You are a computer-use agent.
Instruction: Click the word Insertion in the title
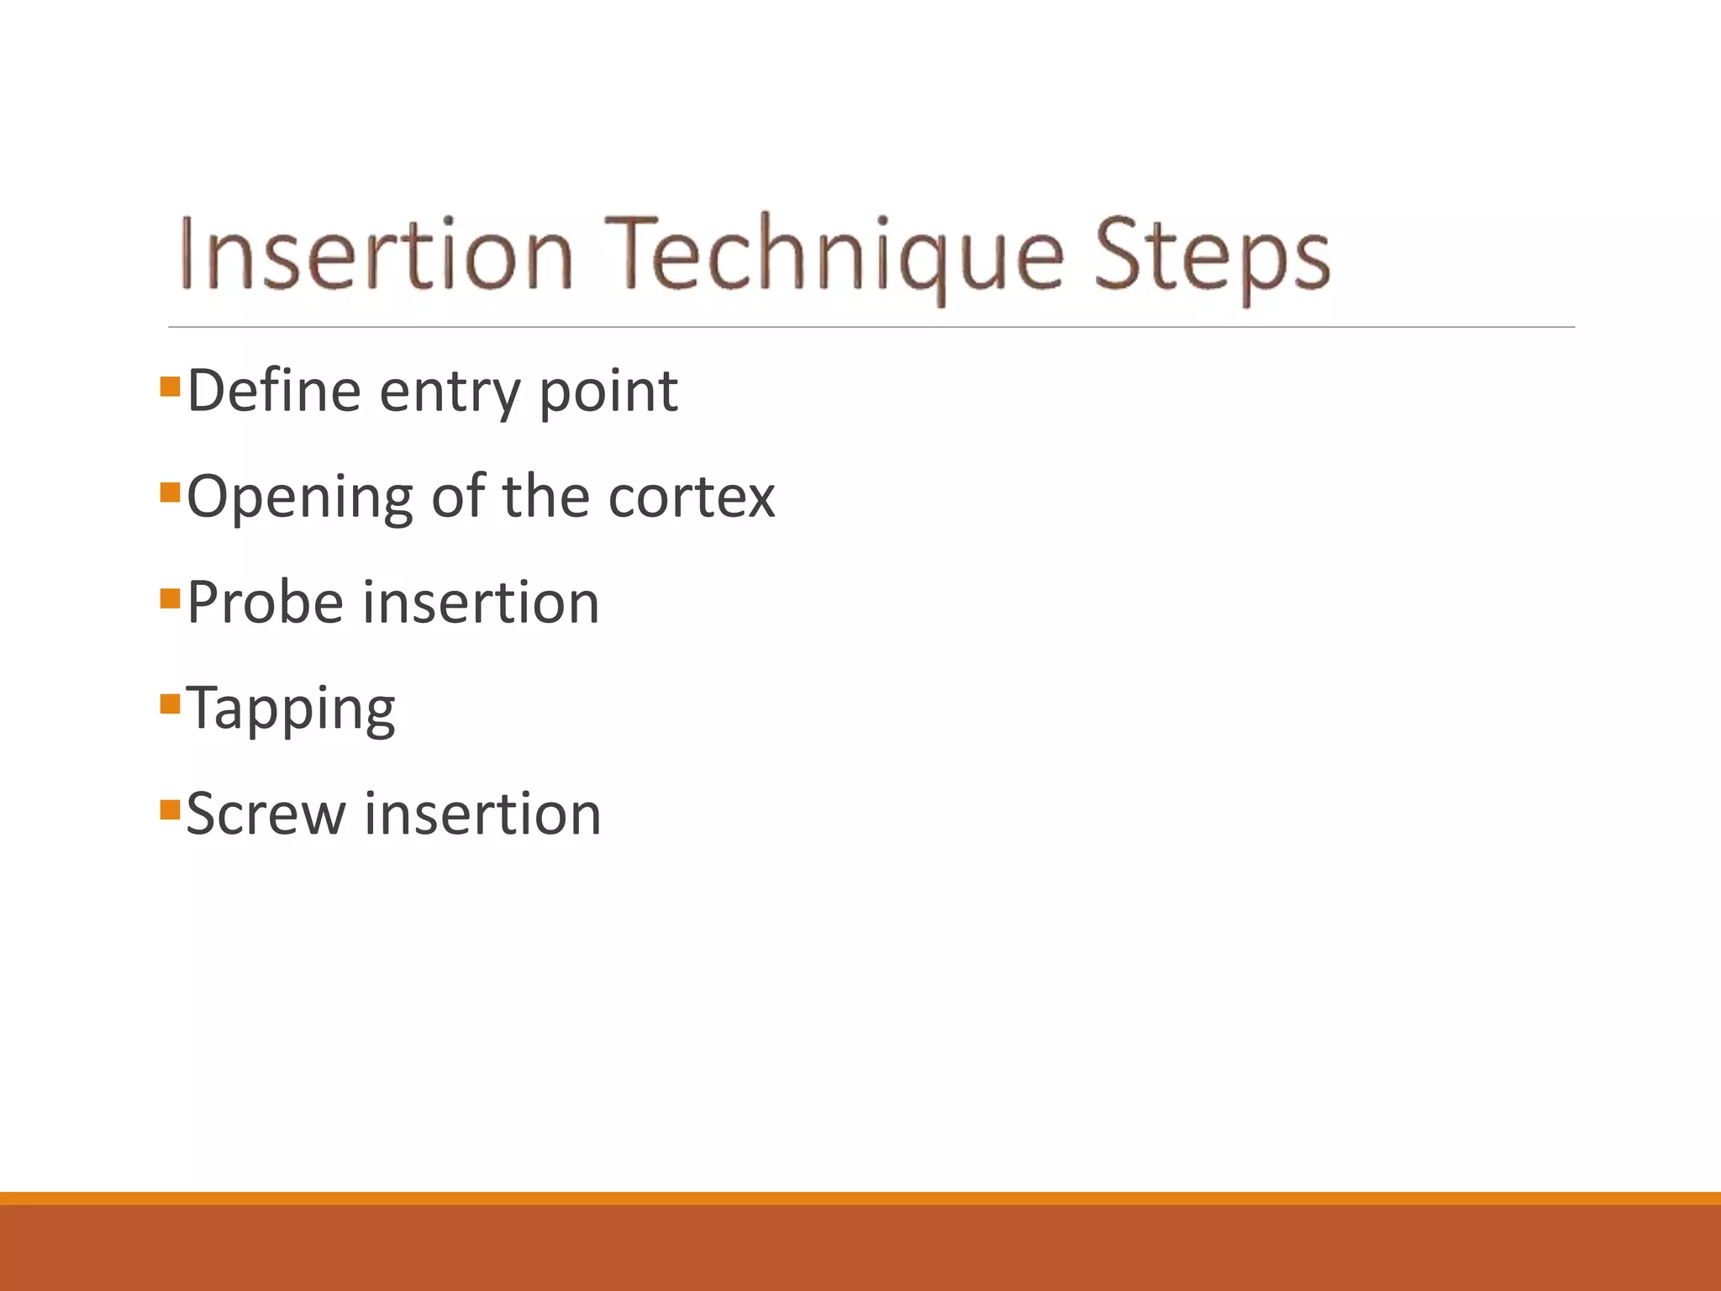point(376,255)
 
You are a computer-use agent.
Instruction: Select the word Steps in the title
point(1212,255)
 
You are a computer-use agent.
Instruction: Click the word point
point(608,393)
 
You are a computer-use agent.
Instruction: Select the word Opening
point(299,498)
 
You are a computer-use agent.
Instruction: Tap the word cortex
point(691,498)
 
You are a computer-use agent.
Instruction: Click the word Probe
point(265,603)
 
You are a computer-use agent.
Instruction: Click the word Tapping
point(290,709)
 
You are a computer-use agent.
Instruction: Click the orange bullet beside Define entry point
point(171,386)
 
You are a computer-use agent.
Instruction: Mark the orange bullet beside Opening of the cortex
point(171,492)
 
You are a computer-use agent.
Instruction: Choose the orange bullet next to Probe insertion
point(171,598)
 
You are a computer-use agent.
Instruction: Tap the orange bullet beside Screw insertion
point(171,809)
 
